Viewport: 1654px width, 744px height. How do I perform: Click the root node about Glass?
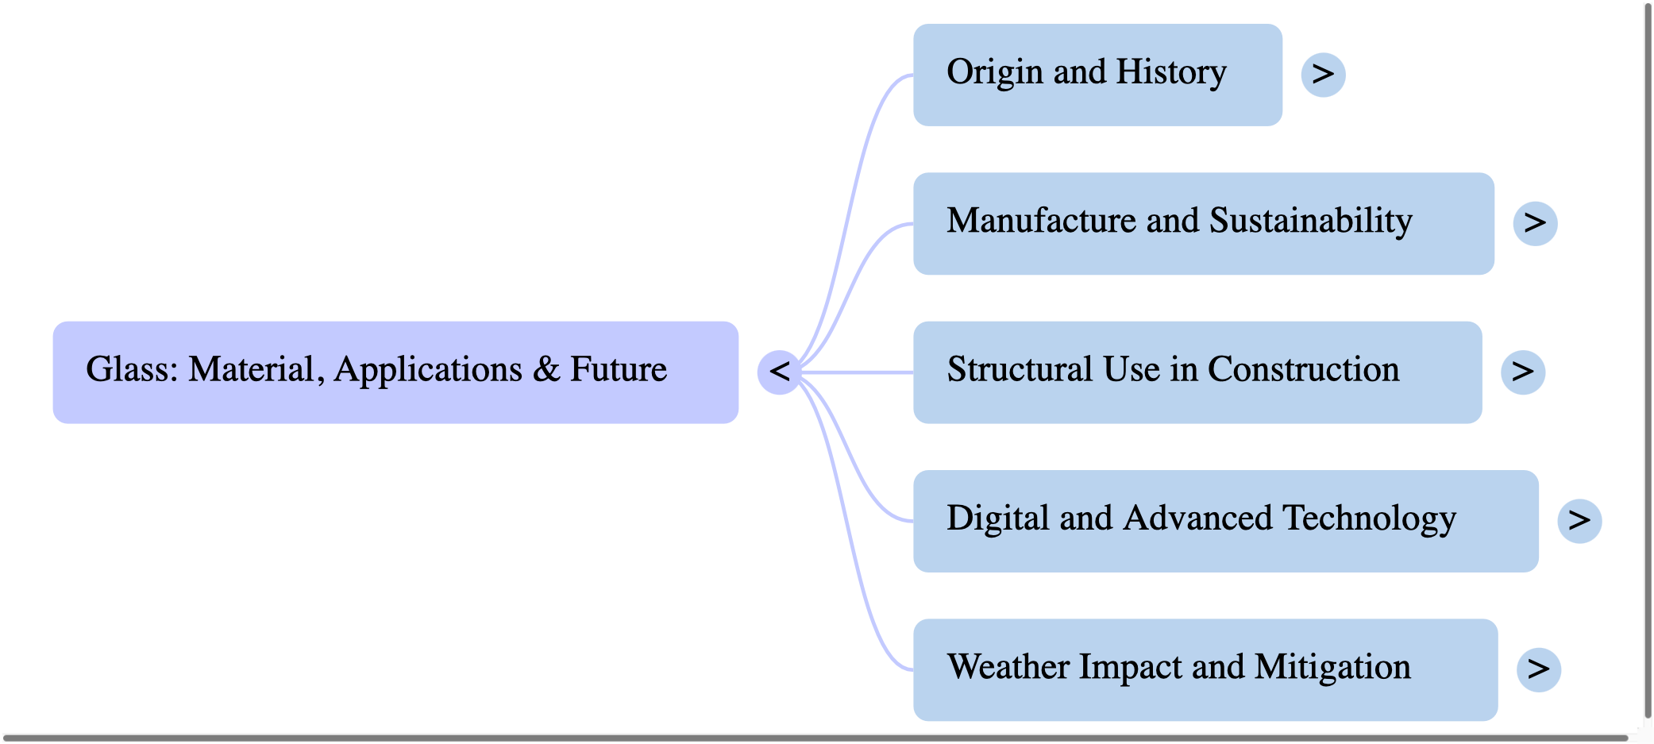point(395,372)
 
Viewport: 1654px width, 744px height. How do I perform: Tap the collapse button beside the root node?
point(779,372)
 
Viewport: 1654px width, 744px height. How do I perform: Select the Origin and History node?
point(1097,75)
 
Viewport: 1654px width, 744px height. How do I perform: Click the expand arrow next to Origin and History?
point(1323,75)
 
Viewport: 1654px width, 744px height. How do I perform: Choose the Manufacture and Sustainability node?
point(1203,223)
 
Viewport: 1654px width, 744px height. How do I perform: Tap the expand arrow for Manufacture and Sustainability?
point(1535,223)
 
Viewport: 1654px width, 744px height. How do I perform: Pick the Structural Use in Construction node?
point(1197,372)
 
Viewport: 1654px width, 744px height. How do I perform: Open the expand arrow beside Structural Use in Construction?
point(1522,372)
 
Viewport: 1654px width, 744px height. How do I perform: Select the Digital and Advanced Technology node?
point(1225,520)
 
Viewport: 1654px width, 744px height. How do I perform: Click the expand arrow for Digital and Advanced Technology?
point(1579,520)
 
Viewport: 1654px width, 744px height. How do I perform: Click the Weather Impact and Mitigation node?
point(1205,669)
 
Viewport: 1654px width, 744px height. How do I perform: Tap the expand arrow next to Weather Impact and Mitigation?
point(1538,669)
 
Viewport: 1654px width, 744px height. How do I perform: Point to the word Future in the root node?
point(619,369)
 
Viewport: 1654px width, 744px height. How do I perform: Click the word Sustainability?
point(1310,221)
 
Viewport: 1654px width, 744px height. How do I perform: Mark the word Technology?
point(1369,518)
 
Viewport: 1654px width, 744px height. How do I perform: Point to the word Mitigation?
point(1332,667)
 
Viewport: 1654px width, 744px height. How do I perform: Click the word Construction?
point(1303,369)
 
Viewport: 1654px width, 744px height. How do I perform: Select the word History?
point(1170,72)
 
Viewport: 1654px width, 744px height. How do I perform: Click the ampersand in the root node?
point(546,369)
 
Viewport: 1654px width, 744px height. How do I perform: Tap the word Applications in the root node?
point(428,369)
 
